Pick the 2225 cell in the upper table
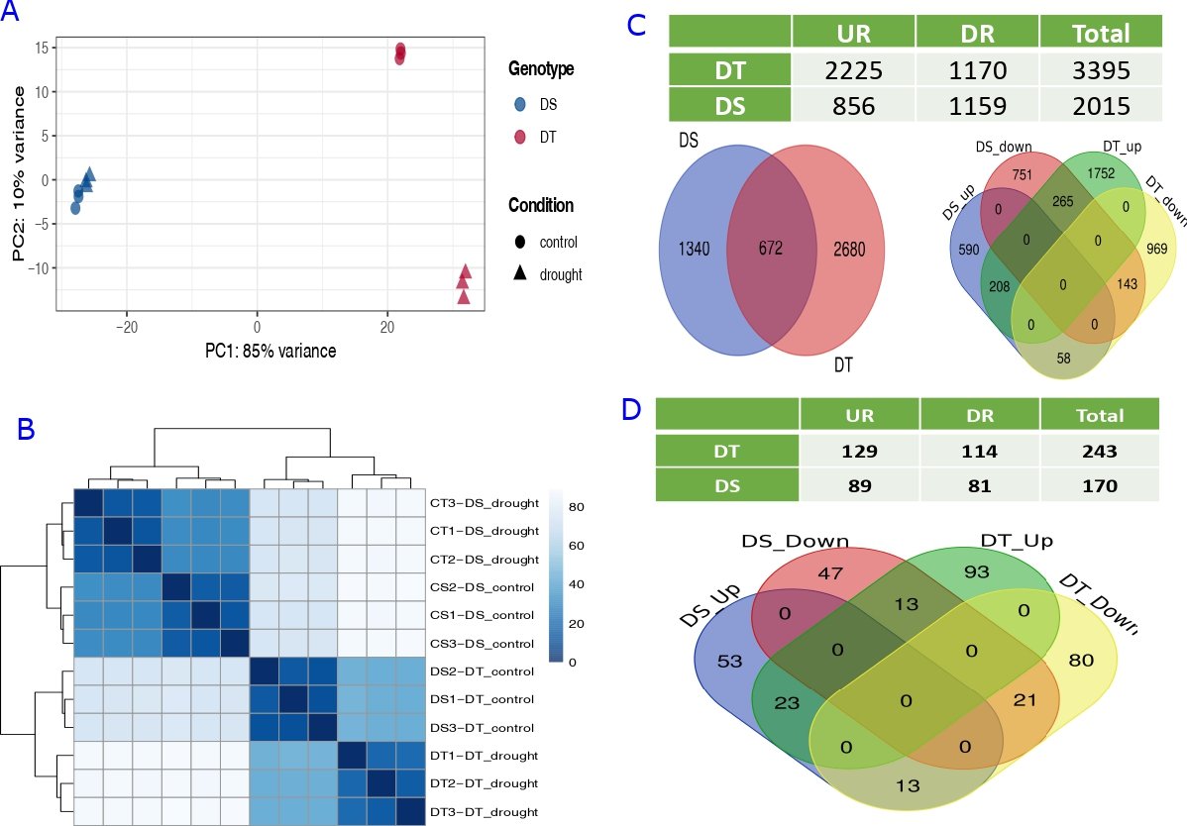coord(853,70)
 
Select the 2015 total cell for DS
coord(1100,106)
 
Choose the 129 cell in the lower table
coord(859,452)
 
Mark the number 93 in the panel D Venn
coord(1004,572)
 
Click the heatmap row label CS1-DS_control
coord(485,615)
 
